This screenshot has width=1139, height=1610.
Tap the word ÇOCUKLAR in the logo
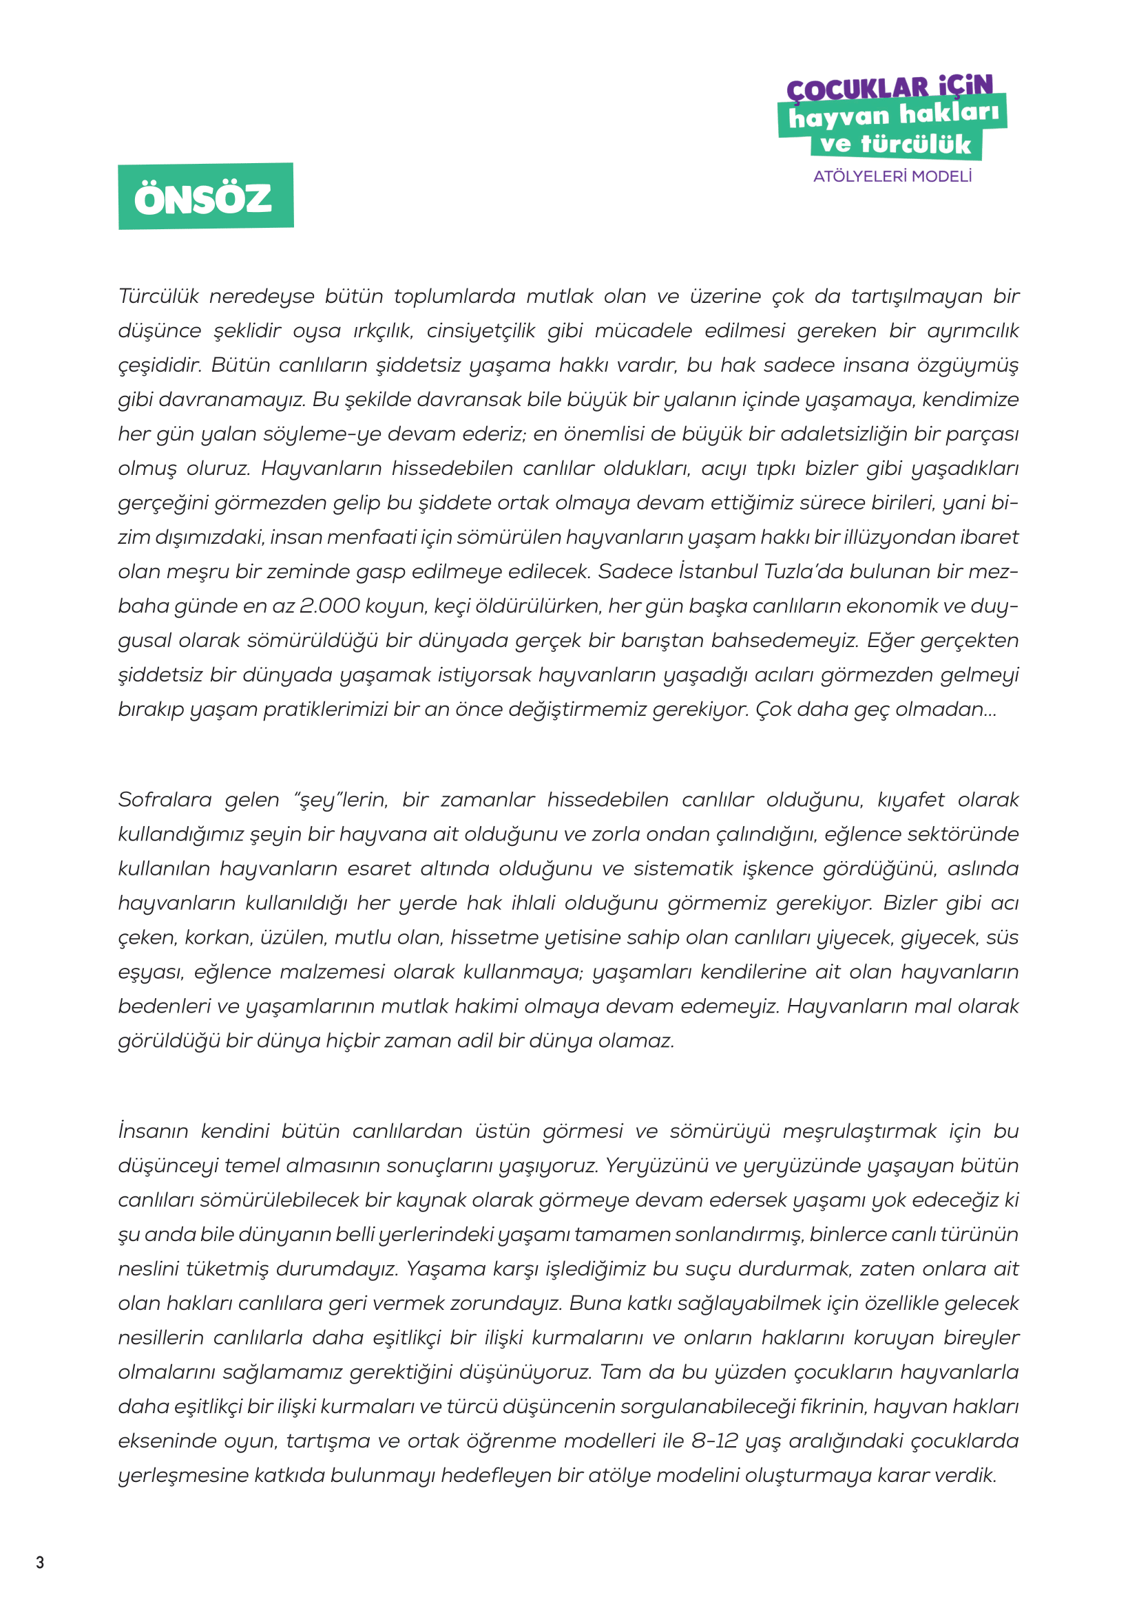[857, 89]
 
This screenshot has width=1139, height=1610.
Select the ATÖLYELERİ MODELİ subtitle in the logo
[892, 177]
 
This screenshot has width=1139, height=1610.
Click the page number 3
[40, 1563]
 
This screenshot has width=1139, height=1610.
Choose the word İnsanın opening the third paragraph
[154, 1132]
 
